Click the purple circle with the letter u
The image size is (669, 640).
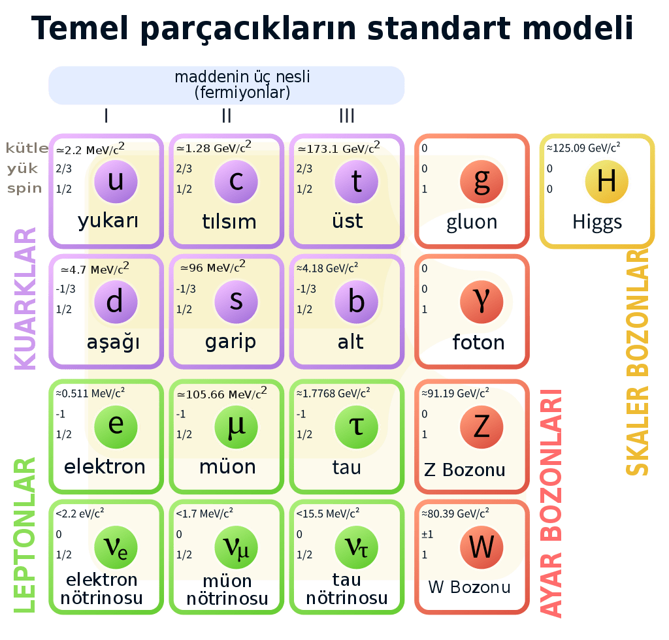(116, 181)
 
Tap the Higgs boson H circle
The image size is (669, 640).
(606, 181)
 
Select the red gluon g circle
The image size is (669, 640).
(481, 181)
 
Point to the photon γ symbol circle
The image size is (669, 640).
(481, 301)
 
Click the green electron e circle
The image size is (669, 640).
(116, 425)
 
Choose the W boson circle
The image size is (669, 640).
(481, 547)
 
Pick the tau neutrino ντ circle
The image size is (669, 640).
(356, 547)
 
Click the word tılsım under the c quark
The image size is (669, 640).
(229, 221)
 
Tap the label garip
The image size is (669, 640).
(230, 342)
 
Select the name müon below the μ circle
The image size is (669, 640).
(227, 467)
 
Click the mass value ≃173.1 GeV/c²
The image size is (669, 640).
(338, 148)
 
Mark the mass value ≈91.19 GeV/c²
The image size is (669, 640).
(455, 393)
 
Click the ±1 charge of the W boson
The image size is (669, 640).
(427, 534)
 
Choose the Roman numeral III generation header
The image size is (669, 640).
(347, 116)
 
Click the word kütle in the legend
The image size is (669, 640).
(27, 148)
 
